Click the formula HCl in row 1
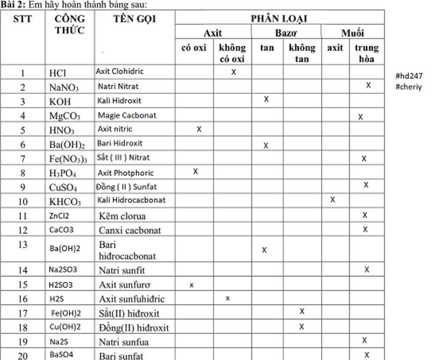(58, 73)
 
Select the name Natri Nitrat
(118, 86)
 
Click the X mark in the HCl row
(234, 72)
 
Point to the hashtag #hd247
(409, 76)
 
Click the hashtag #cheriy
(408, 87)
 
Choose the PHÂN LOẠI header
(279, 19)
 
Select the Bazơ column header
(286, 33)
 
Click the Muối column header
(353, 33)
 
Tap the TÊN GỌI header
(135, 19)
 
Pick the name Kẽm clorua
(122, 216)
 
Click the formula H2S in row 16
(56, 299)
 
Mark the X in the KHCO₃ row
(333, 200)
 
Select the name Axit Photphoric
(126, 173)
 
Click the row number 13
(23, 245)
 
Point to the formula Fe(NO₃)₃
(68, 159)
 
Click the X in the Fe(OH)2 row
(302, 312)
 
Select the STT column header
(23, 19)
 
